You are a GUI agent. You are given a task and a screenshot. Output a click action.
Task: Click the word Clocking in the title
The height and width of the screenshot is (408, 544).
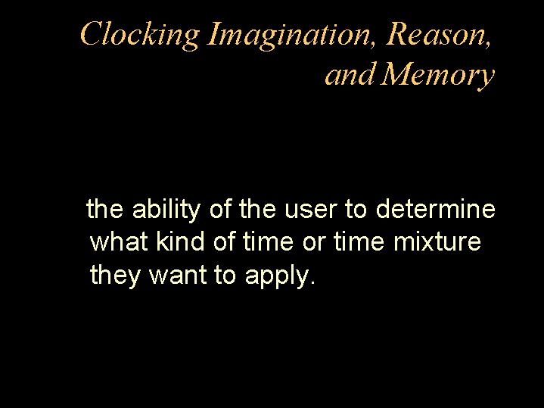point(140,36)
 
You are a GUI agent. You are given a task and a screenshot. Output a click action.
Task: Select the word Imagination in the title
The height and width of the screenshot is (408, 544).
point(288,36)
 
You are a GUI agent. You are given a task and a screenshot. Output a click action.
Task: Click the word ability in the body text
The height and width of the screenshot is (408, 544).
point(166,209)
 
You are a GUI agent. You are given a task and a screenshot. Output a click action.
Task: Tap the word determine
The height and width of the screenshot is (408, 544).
point(436,208)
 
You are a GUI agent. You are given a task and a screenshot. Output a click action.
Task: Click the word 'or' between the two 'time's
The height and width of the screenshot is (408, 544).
point(314,242)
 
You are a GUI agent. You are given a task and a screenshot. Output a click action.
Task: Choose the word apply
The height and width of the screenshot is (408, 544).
point(276,276)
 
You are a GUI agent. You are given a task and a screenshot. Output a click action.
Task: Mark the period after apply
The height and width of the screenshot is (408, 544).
point(313,282)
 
